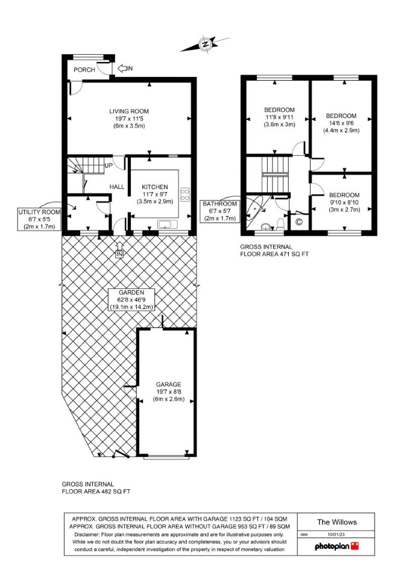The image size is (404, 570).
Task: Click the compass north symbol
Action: [206, 45]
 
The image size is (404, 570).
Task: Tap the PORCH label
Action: [84, 70]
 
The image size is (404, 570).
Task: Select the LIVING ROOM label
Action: [129, 111]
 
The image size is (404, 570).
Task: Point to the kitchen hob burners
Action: [185, 194]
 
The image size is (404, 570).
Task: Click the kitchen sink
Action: [168, 224]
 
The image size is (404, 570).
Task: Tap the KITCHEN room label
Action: [155, 187]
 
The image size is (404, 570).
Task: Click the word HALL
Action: [117, 187]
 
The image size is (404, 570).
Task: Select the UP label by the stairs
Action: [109, 166]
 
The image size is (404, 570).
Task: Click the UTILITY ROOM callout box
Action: [40, 219]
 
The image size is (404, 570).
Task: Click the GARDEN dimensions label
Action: [131, 300]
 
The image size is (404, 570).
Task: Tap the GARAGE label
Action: [168, 384]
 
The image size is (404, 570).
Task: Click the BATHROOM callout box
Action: [219, 211]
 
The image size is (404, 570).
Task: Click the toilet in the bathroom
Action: [280, 223]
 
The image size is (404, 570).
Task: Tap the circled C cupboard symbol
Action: [298, 221]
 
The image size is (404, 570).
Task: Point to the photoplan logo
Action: [336, 546]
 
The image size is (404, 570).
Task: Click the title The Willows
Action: [336, 522]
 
